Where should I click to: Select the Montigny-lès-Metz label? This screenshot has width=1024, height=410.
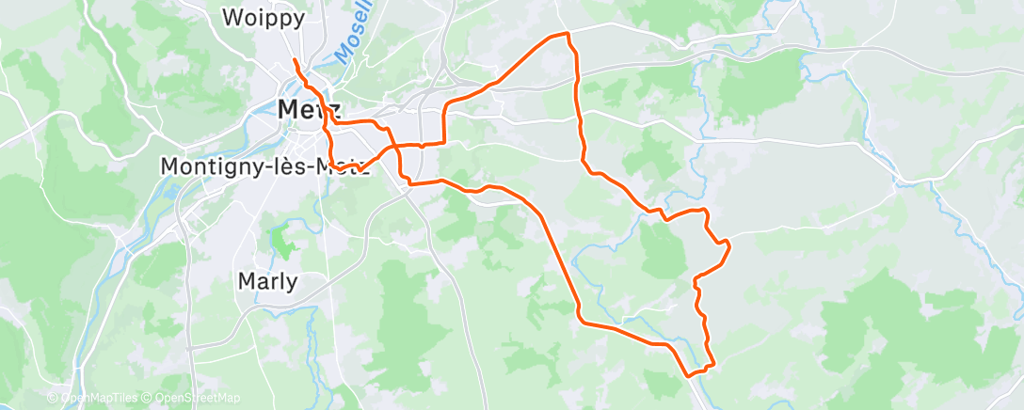pos(263,166)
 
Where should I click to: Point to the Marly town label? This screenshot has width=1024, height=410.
pos(267,281)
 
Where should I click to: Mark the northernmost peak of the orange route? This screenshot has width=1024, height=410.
pos(568,33)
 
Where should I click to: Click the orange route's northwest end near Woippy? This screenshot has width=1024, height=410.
pos(295,60)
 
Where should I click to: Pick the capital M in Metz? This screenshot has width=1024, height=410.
pos(289,109)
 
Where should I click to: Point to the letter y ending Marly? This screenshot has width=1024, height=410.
pos(292,283)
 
